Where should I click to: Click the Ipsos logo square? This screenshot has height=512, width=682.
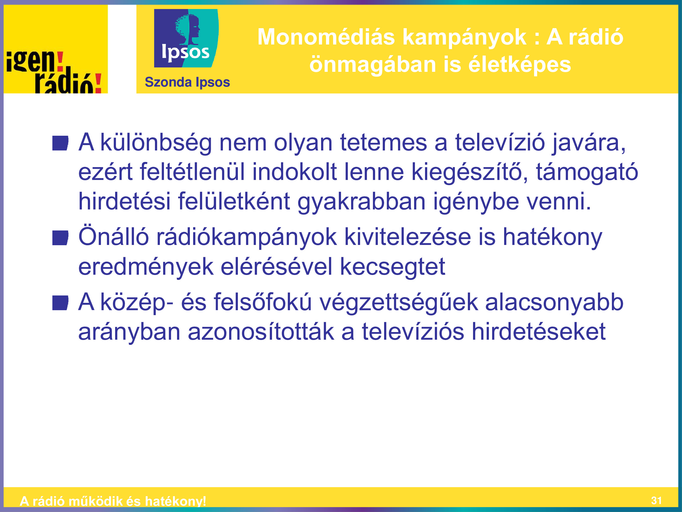pos(186,38)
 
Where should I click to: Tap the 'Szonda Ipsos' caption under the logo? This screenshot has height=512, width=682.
pos(187,82)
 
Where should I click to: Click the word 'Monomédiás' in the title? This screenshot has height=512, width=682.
pos(326,37)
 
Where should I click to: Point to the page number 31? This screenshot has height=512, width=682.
pos(656,500)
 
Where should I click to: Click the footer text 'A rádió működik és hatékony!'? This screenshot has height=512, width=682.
pos(113,501)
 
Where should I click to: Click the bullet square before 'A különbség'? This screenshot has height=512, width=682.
pos(60,143)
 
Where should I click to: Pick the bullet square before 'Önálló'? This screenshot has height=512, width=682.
pos(60,238)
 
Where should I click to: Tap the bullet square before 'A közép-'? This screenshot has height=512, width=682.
pos(60,303)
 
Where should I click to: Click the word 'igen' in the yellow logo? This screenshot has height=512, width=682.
pos(30,61)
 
